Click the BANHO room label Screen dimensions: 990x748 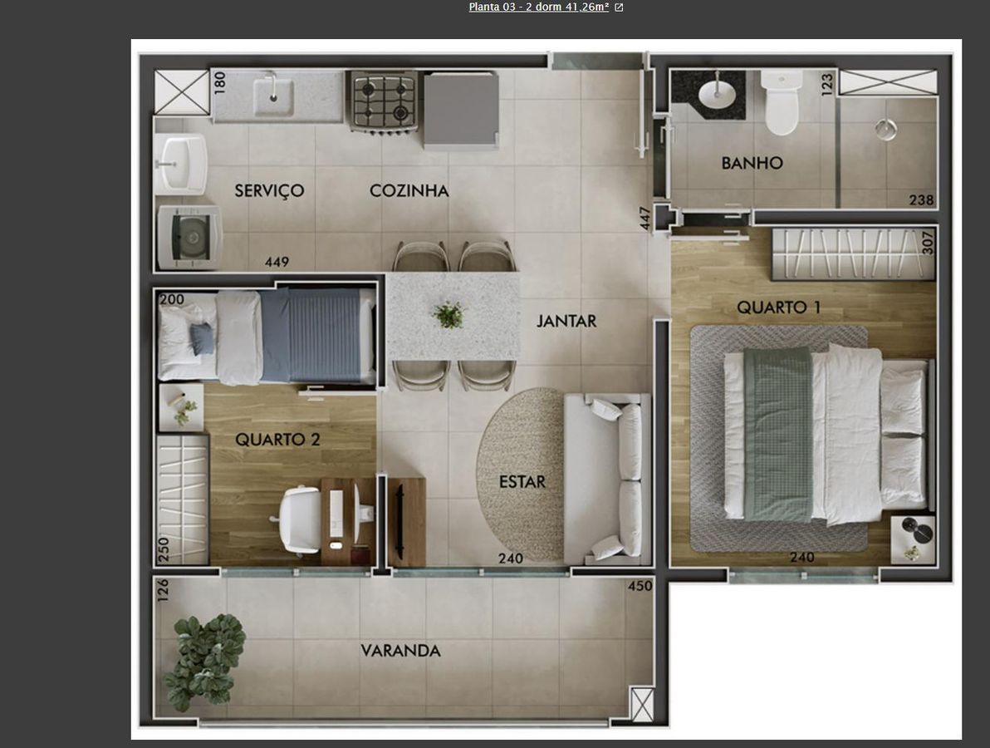(x=752, y=163)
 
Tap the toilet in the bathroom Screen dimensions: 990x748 (x=782, y=102)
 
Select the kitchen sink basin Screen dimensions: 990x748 (x=273, y=97)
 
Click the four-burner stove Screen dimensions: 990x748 (x=383, y=101)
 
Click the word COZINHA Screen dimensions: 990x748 (x=409, y=191)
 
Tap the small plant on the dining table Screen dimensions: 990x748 (x=448, y=315)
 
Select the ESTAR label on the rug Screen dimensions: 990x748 (x=522, y=482)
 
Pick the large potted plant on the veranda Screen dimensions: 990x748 (x=203, y=661)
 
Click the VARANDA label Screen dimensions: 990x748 (x=400, y=651)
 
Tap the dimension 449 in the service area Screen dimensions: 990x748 (x=277, y=262)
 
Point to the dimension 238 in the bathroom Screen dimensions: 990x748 (x=921, y=200)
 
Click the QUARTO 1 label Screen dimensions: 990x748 (x=778, y=308)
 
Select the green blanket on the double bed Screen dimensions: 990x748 (x=777, y=435)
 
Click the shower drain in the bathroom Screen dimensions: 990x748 (x=886, y=129)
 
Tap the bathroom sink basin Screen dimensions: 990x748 (x=718, y=94)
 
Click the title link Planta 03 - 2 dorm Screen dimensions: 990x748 (x=538, y=7)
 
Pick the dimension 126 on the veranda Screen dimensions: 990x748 (x=163, y=590)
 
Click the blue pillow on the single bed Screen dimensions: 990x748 (x=202, y=338)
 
